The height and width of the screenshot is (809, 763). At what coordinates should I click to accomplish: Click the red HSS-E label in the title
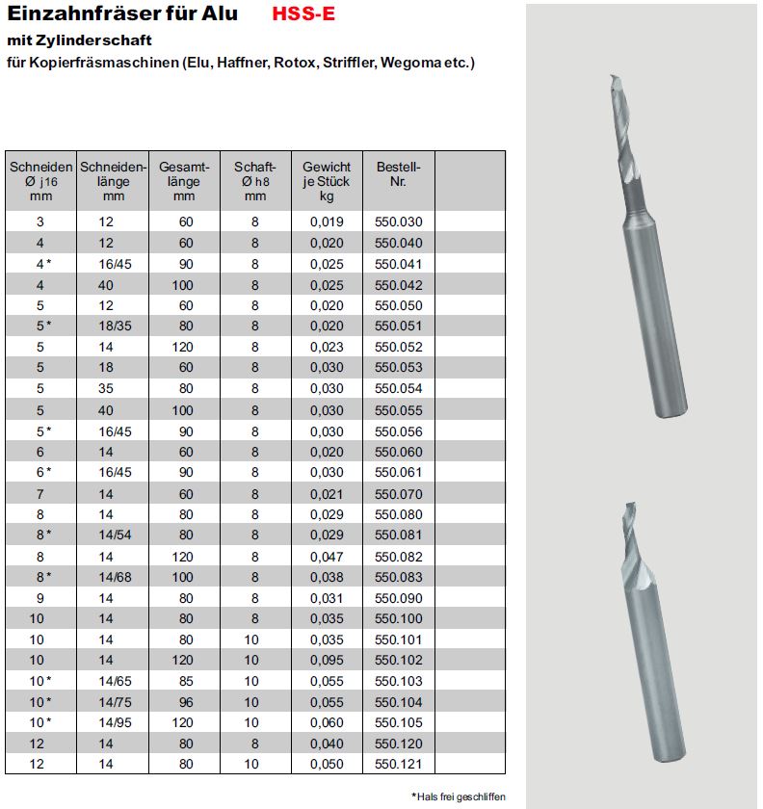click(x=304, y=14)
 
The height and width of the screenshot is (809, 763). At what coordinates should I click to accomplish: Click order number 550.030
click(x=398, y=222)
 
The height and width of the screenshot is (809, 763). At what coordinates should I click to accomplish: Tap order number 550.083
click(x=398, y=577)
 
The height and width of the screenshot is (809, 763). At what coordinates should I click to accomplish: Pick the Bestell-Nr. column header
click(x=398, y=173)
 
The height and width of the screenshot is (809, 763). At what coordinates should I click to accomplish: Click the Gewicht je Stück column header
click(x=327, y=181)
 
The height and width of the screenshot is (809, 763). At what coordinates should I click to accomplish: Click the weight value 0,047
click(x=327, y=556)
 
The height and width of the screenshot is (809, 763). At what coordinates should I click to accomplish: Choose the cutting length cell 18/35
click(x=114, y=326)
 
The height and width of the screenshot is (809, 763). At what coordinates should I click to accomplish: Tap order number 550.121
click(x=398, y=765)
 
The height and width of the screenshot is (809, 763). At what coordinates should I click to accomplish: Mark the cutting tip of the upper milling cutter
click(x=613, y=78)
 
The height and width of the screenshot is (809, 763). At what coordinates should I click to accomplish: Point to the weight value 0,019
click(x=327, y=222)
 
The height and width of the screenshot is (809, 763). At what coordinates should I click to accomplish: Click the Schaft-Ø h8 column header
click(x=255, y=181)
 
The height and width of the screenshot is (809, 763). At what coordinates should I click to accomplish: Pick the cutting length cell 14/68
click(x=114, y=577)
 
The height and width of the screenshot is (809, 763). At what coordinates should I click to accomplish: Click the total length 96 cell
click(x=185, y=702)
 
